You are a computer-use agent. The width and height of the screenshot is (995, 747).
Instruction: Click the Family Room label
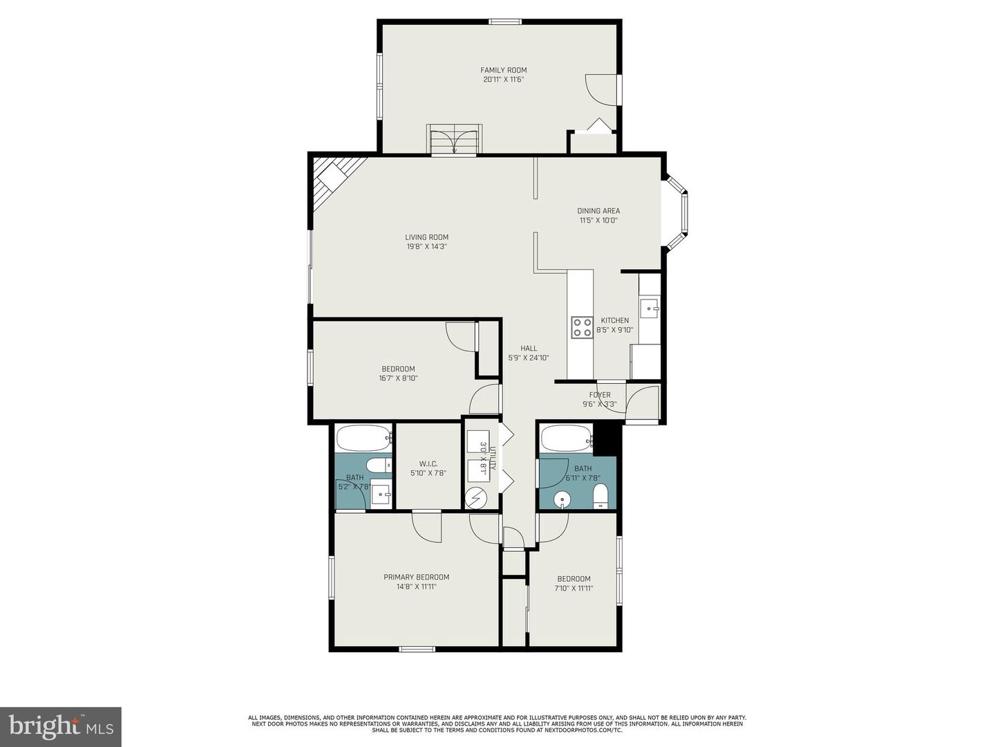click(x=504, y=70)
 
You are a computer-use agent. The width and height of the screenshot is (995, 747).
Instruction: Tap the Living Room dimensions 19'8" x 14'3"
click(x=426, y=246)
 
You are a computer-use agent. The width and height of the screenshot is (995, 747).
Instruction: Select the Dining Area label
click(x=598, y=211)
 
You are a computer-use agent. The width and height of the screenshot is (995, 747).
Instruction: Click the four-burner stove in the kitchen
click(x=581, y=327)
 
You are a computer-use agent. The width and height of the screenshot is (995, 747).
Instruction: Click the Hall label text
click(x=529, y=349)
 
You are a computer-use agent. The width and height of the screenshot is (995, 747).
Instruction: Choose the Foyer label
click(x=599, y=395)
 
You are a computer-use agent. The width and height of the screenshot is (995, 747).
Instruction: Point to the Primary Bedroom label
click(x=416, y=577)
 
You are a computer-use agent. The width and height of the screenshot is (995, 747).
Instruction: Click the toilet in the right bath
click(x=600, y=495)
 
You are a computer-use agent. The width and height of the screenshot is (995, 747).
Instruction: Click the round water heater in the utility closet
click(x=475, y=497)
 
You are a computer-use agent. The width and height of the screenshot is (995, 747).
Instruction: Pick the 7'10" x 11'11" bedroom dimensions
click(x=574, y=589)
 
